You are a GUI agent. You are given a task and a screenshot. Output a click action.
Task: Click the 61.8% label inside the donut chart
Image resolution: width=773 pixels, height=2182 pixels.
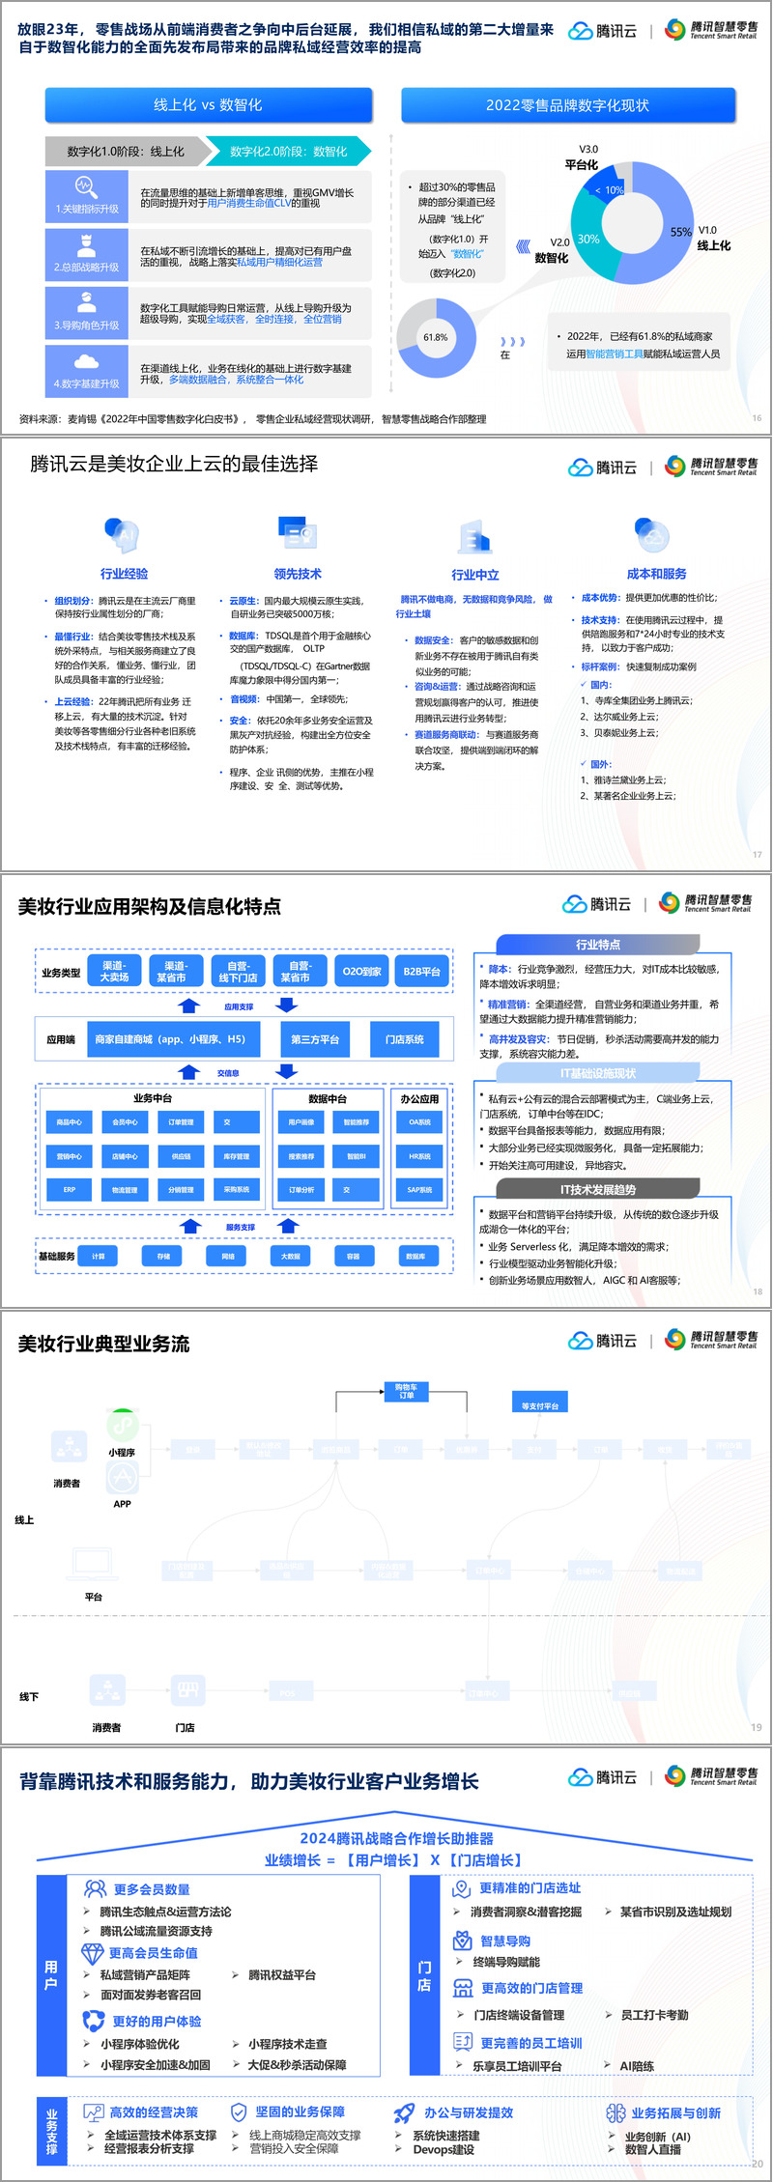[x=436, y=337]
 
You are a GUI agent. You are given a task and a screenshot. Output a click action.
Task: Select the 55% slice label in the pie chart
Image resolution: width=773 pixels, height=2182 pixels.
[x=680, y=232]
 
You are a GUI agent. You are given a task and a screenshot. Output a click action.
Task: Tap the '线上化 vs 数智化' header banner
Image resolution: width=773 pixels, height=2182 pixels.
[x=209, y=105]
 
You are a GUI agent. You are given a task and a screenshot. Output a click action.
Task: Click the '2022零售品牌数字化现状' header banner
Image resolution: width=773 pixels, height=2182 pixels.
[x=568, y=105]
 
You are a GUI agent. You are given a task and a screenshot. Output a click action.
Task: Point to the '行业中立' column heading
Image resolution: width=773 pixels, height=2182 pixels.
[x=475, y=575]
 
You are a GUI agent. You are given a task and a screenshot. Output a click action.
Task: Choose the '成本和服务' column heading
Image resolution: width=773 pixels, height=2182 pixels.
[x=657, y=574]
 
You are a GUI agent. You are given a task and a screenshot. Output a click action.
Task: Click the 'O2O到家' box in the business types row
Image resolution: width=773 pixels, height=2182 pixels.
[x=361, y=972]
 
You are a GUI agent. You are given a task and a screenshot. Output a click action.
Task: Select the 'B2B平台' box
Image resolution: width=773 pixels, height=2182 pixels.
[x=421, y=972]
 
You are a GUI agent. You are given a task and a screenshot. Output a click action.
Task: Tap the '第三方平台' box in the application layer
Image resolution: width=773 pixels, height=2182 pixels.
[x=315, y=1039]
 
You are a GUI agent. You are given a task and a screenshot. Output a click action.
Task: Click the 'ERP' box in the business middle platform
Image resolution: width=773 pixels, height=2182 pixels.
[x=70, y=1190]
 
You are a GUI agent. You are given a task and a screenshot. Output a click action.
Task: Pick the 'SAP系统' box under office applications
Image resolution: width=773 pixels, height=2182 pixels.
[x=419, y=1190]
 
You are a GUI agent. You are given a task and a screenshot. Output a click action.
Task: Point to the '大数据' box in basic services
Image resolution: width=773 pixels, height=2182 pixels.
[x=291, y=1257]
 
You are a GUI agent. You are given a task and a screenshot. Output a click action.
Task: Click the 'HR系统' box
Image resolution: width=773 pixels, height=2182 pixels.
[x=419, y=1156]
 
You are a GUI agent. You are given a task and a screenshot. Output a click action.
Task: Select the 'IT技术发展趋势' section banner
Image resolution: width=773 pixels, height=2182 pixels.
[x=598, y=1190]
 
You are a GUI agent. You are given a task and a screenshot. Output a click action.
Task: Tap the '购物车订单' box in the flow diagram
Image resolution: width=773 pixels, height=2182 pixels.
[x=406, y=1391]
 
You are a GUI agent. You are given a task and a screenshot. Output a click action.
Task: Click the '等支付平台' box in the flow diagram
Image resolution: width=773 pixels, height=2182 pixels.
[x=540, y=1405]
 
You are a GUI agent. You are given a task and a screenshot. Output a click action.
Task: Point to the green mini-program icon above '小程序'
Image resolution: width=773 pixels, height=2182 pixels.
[x=122, y=1425]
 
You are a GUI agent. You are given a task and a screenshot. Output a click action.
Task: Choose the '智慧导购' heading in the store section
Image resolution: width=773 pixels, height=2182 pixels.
[x=505, y=1941]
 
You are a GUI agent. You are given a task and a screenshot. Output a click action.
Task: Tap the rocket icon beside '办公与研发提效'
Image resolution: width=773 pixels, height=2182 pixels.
[x=405, y=2112]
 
